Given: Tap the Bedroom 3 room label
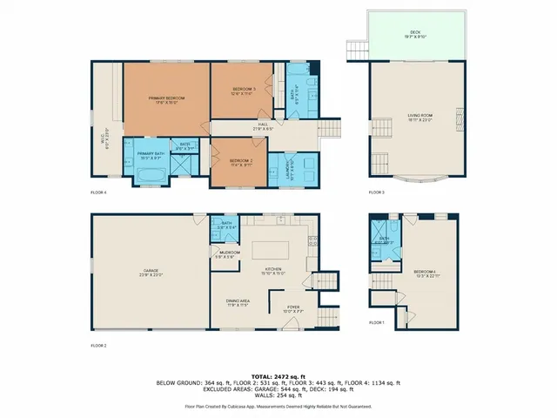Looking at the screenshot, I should point(242,90).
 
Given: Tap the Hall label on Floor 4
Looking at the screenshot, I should point(262,125).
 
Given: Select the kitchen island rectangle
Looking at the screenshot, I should point(269,251).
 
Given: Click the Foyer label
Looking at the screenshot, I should point(294,307).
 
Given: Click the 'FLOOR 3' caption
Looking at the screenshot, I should point(376,192).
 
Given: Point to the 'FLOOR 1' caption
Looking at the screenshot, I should point(376,322).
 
